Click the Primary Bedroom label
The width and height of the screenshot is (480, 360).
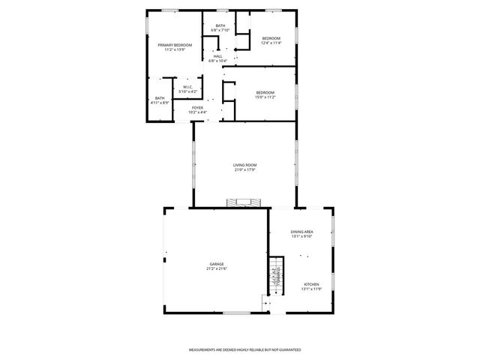click(175, 45)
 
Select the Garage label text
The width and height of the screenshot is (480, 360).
click(217, 264)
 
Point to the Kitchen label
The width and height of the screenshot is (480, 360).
click(312, 284)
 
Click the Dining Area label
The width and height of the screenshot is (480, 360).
click(302, 232)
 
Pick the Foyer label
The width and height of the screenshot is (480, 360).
click(197, 107)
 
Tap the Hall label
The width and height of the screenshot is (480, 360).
click(218, 55)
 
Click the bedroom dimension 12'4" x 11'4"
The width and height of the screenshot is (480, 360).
click(271, 43)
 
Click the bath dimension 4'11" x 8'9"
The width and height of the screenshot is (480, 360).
click(160, 103)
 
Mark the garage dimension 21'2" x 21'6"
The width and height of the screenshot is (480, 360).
click(217, 268)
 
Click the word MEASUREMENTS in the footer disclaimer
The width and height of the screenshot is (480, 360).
click(205, 350)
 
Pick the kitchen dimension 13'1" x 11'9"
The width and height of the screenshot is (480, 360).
click(312, 289)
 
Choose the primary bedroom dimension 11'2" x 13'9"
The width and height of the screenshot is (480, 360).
click(175, 49)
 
